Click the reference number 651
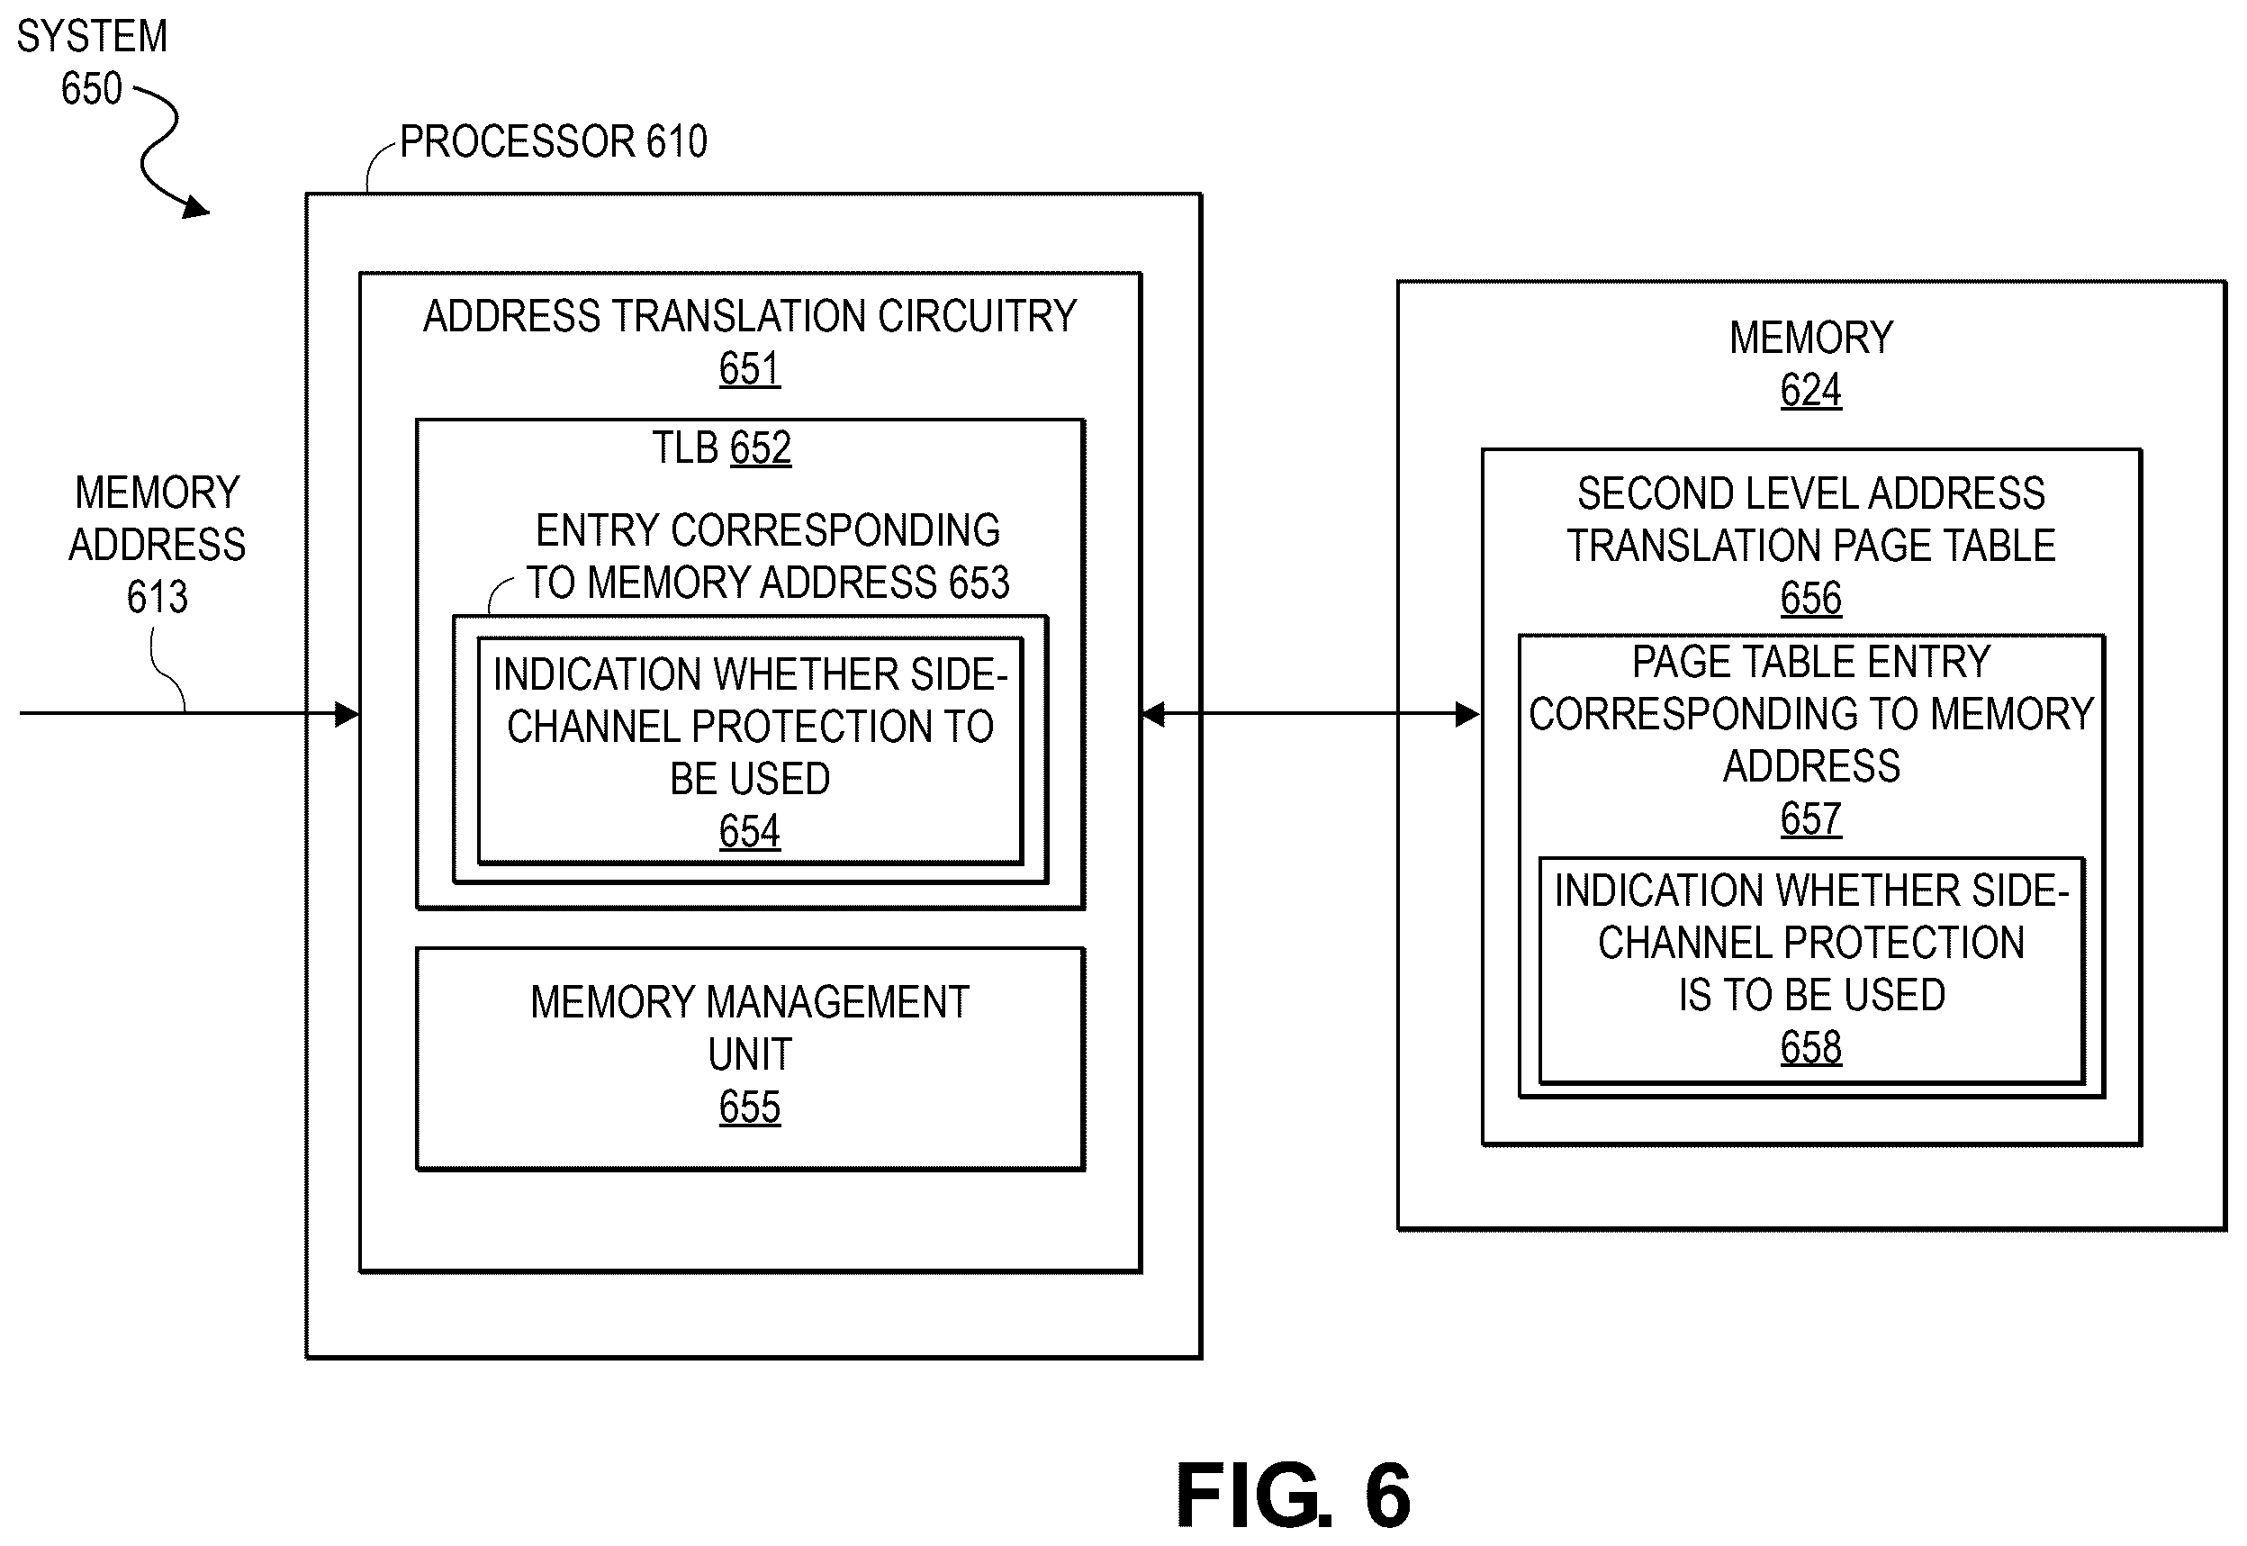coord(750,369)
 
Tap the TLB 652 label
coord(722,448)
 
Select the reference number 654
coord(750,831)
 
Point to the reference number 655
coord(750,1108)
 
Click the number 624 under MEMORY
coord(1811,391)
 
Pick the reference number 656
coord(1811,599)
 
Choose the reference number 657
coord(1811,819)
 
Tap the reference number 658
coord(1811,1047)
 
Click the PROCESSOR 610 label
coord(554,141)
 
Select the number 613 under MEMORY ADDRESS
coord(157,597)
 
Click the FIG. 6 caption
coord(1293,1496)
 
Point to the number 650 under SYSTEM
coord(92,88)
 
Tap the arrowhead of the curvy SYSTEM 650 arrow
coord(196,207)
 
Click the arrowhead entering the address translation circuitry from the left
coord(347,715)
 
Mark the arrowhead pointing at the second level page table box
coord(1467,715)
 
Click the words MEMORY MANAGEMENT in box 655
coord(750,1002)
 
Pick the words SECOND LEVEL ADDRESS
coord(1811,494)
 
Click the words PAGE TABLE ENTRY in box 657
coord(1811,663)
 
